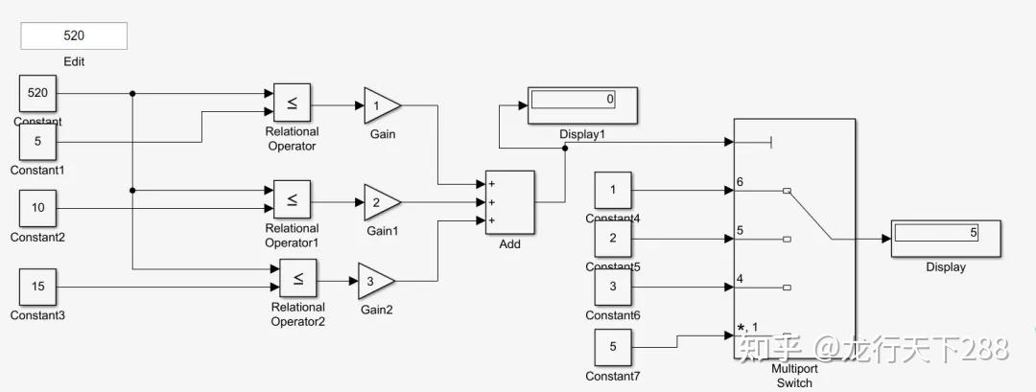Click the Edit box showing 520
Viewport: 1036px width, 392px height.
pyautogui.click(x=74, y=35)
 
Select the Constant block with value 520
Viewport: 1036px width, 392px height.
pyautogui.click(x=37, y=94)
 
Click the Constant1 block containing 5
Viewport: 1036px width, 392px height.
pyautogui.click(x=37, y=142)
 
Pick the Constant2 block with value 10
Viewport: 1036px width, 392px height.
pyautogui.click(x=37, y=208)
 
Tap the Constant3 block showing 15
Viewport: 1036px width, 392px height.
pyautogui.click(x=37, y=287)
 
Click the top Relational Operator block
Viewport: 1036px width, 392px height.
pyautogui.click(x=292, y=103)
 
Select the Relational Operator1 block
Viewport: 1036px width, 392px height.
pyautogui.click(x=292, y=199)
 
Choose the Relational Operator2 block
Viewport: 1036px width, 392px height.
pyautogui.click(x=298, y=279)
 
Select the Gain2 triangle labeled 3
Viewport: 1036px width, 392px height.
pyautogui.click(x=374, y=281)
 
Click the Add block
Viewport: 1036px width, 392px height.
pyautogui.click(x=509, y=202)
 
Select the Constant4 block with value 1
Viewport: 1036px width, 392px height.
pyautogui.click(x=613, y=190)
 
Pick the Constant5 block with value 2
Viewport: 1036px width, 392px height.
pyautogui.click(x=613, y=239)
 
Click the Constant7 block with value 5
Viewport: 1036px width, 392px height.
pyautogui.click(x=613, y=347)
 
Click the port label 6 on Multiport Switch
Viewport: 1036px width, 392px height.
pyautogui.click(x=740, y=182)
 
